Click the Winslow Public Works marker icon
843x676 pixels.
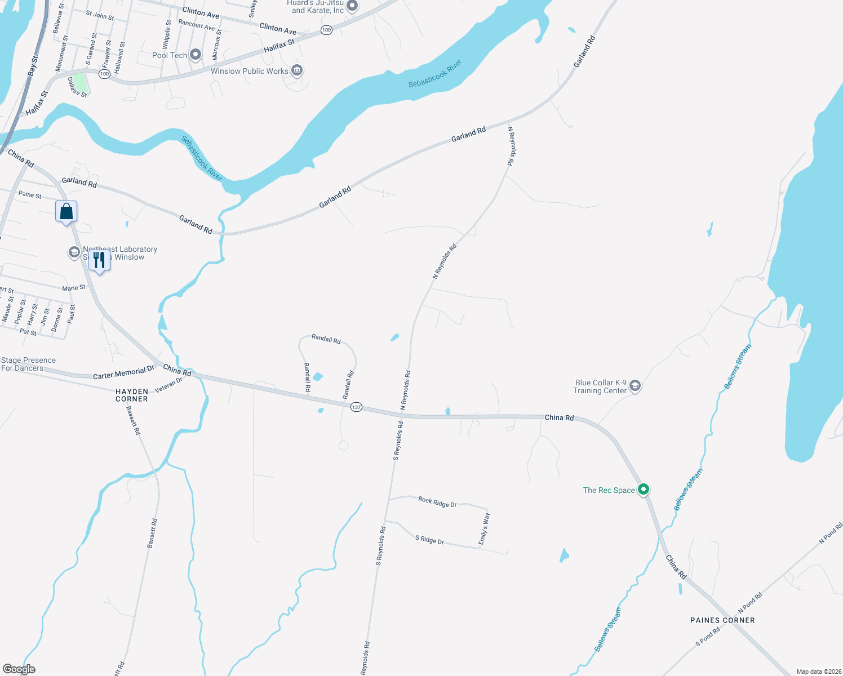coord(297,70)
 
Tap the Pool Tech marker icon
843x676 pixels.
coord(196,55)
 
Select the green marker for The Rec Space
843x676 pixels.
coord(644,489)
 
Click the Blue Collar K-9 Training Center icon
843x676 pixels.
coord(635,386)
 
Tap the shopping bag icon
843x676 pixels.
coord(66,212)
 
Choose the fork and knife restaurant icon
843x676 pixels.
coord(99,261)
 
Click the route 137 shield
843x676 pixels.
coord(356,407)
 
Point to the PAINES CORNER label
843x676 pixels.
coord(722,620)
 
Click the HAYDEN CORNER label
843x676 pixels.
coord(132,395)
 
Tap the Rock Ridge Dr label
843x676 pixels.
coord(437,502)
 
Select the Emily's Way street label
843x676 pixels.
coord(483,529)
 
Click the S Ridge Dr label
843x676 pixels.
coord(429,540)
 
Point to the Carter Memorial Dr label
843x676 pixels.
coord(123,373)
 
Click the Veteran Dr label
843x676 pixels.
coord(168,385)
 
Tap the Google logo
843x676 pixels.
coord(19,669)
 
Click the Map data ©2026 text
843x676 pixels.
coord(817,671)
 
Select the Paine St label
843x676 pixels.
coord(30,195)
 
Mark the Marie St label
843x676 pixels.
coord(74,288)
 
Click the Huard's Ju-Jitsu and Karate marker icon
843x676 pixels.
coord(352,6)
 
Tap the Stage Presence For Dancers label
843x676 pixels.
coord(28,364)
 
